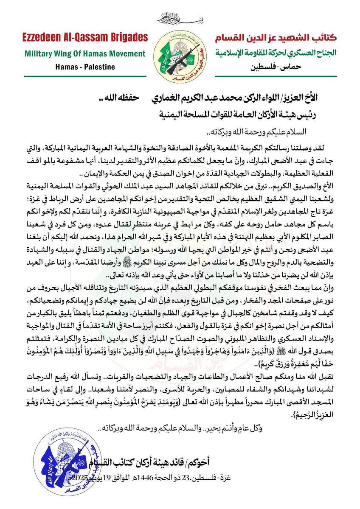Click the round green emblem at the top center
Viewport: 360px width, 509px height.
180,53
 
